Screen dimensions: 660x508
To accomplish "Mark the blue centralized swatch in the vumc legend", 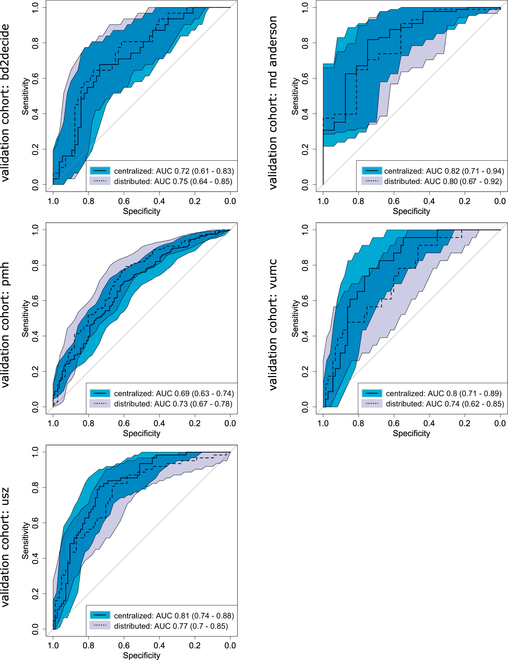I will pyautogui.click(x=372, y=393).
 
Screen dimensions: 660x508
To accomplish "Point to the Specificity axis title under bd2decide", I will pyautogui.click(x=142, y=211).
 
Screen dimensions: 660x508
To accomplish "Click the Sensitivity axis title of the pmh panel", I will pyautogui.click(x=25, y=318).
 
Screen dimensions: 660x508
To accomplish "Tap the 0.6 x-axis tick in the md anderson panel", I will pyautogui.click(x=394, y=201).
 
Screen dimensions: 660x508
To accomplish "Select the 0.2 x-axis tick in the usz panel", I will pyautogui.click(x=195, y=645).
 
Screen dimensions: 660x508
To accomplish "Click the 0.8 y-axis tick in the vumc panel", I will pyautogui.click(x=305, y=265).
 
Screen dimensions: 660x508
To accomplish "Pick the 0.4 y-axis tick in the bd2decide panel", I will pyautogui.click(x=35, y=114).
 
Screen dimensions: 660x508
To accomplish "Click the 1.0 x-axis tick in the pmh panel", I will pyautogui.click(x=53, y=423).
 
